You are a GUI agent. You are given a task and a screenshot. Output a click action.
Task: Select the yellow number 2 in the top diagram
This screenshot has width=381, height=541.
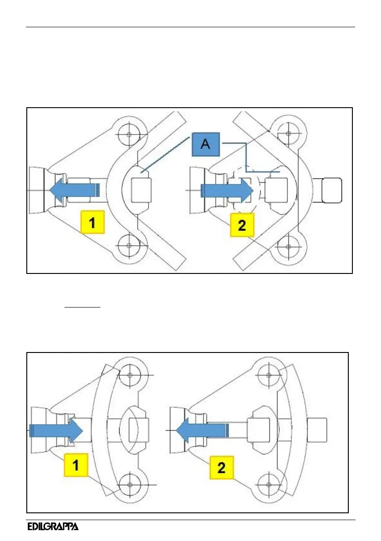[x=242, y=224]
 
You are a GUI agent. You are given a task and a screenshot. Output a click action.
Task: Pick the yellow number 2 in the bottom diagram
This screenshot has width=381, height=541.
[x=221, y=468]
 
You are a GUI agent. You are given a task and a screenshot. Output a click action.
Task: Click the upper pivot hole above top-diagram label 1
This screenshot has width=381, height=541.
[x=129, y=134]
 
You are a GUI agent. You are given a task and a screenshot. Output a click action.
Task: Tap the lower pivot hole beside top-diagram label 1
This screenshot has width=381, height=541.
[x=129, y=246]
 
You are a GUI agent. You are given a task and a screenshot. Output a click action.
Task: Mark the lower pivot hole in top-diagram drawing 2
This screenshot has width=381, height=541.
[x=287, y=247]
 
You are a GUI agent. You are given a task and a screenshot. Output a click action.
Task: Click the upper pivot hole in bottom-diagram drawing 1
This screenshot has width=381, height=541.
[x=130, y=375]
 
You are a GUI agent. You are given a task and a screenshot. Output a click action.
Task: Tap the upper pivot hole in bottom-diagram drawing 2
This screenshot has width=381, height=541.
[x=268, y=375]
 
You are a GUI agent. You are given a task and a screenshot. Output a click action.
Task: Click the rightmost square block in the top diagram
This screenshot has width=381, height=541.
[x=332, y=189]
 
